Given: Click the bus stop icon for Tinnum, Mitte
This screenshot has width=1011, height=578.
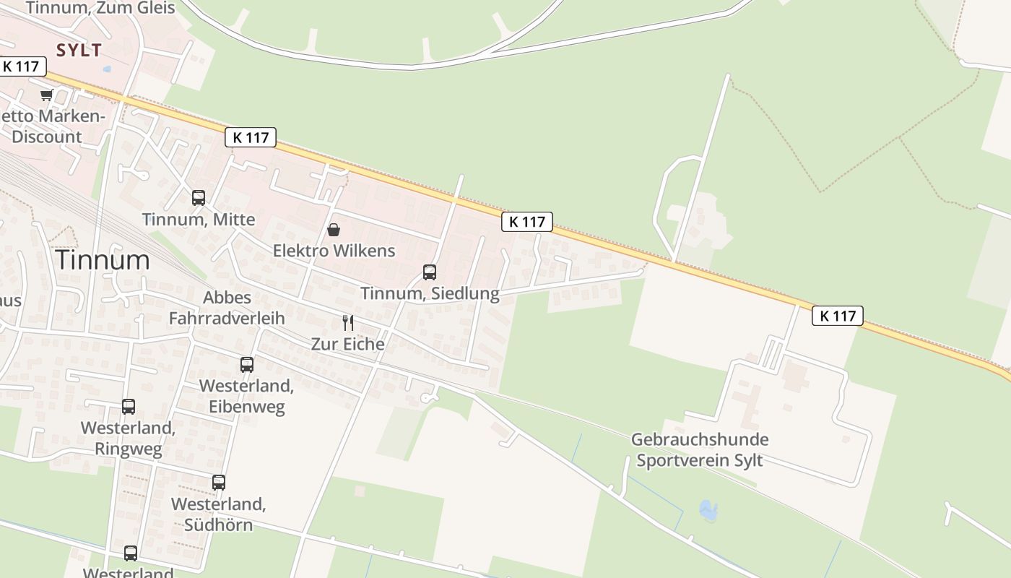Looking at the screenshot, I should point(199,197).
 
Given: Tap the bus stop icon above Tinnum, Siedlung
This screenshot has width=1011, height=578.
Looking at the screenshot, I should point(430,272).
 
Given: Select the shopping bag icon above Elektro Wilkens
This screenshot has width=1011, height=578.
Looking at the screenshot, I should point(334,230).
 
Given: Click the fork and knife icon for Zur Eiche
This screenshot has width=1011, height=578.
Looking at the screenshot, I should point(348,322).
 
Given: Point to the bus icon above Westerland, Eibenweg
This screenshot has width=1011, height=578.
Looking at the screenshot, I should point(247,365).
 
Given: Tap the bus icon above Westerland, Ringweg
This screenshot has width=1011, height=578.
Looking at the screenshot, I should point(129,407).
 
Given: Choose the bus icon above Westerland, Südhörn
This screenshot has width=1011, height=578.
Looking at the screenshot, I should point(219,482).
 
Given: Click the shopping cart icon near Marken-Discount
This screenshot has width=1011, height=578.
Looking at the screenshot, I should point(47,95).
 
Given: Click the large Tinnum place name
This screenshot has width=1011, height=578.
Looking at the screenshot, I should point(103,260).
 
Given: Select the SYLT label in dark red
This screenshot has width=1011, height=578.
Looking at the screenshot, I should point(79,50).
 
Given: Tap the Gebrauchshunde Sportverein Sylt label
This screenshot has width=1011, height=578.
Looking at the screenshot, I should point(700,450).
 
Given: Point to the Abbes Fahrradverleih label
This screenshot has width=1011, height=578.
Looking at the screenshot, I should point(227,308).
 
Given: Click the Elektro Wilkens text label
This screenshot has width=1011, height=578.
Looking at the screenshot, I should point(334,251).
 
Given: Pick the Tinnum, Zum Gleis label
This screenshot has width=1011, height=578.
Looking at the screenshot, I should point(100,8).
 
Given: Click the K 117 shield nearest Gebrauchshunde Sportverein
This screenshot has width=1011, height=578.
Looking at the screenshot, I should point(838,316).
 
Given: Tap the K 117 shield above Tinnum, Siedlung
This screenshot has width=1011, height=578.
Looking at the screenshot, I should point(527,222).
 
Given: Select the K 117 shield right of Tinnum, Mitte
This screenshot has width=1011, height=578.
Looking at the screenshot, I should point(251,137).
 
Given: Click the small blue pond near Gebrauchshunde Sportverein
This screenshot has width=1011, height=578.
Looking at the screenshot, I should point(708,510).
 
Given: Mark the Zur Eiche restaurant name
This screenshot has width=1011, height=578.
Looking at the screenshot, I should point(348,344).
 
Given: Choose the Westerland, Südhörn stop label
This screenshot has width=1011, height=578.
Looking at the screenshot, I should point(219,514).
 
